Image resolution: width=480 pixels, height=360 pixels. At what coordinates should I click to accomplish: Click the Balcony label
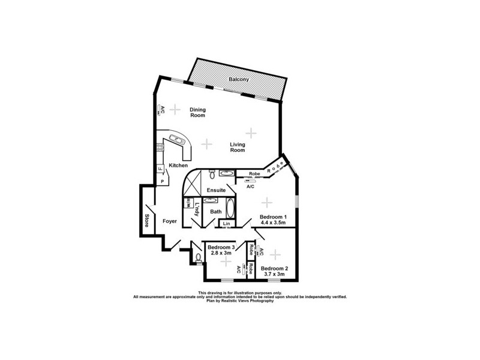click(x=239, y=79)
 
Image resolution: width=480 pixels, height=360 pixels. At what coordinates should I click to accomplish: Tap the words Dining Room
click(x=198, y=112)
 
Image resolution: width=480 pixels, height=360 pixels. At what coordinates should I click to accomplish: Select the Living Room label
click(x=238, y=146)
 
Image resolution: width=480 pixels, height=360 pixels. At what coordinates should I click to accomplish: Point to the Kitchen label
click(x=178, y=166)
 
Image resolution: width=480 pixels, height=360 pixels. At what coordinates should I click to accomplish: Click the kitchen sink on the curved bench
click(x=176, y=141)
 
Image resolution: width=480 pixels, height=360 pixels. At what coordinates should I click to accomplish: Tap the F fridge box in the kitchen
click(x=160, y=169)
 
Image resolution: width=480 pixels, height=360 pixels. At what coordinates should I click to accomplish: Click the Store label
click(x=146, y=221)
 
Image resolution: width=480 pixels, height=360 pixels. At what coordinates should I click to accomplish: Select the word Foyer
click(x=170, y=221)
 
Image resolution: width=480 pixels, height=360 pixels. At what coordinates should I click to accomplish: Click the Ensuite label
click(x=216, y=190)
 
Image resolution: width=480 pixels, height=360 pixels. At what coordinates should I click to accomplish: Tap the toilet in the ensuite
click(x=212, y=173)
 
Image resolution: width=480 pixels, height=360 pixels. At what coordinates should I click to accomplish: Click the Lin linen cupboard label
click(x=226, y=224)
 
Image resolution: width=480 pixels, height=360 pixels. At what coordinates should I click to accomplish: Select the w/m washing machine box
click(x=187, y=202)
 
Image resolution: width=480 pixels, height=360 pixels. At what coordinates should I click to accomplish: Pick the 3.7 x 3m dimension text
click(x=274, y=274)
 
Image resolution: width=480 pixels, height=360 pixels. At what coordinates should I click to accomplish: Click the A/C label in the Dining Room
click(x=161, y=110)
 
